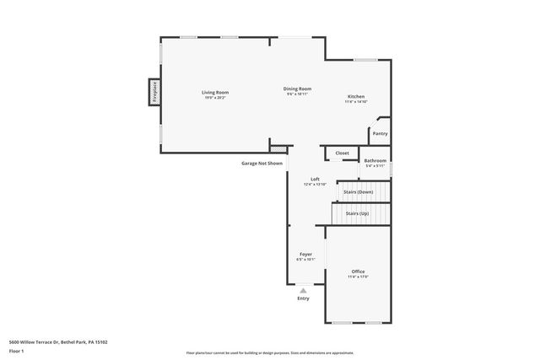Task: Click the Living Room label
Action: point(214,92)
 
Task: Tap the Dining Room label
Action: point(297,89)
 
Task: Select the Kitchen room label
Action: point(355,97)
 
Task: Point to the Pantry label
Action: point(380,133)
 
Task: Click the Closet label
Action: point(342,153)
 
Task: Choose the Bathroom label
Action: point(375,160)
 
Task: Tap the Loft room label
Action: point(315,179)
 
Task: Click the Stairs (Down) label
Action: point(358,192)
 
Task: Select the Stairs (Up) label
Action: point(357,213)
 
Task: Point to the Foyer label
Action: point(305,254)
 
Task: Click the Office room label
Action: point(358,271)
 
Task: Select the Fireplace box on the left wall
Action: point(154,92)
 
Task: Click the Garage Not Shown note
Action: point(262,163)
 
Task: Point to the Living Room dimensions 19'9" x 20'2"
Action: point(214,98)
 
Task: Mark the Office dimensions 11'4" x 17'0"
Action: point(358,277)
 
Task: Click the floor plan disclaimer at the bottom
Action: point(270,352)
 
